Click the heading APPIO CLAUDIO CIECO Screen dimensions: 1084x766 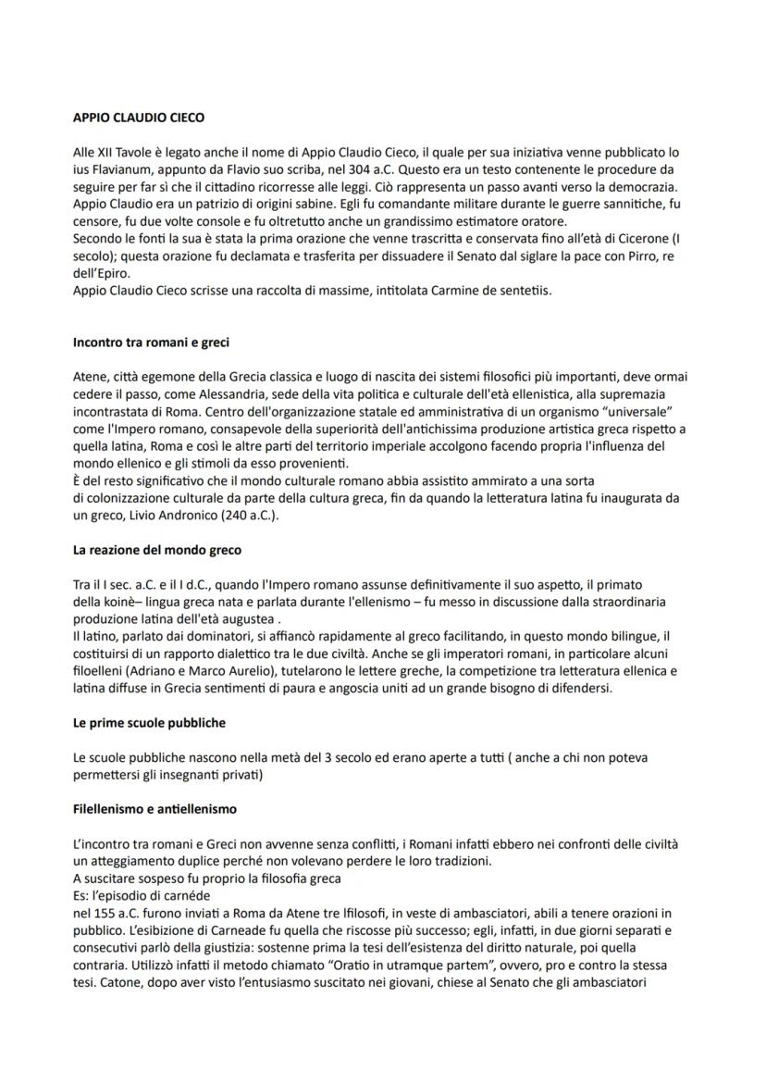pos(138,118)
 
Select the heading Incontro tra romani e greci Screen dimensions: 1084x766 pos(151,343)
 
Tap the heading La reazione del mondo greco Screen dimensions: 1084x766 pos(156,550)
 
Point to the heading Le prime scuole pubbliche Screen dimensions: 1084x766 pos(149,722)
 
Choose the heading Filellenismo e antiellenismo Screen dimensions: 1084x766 pos(154,808)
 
